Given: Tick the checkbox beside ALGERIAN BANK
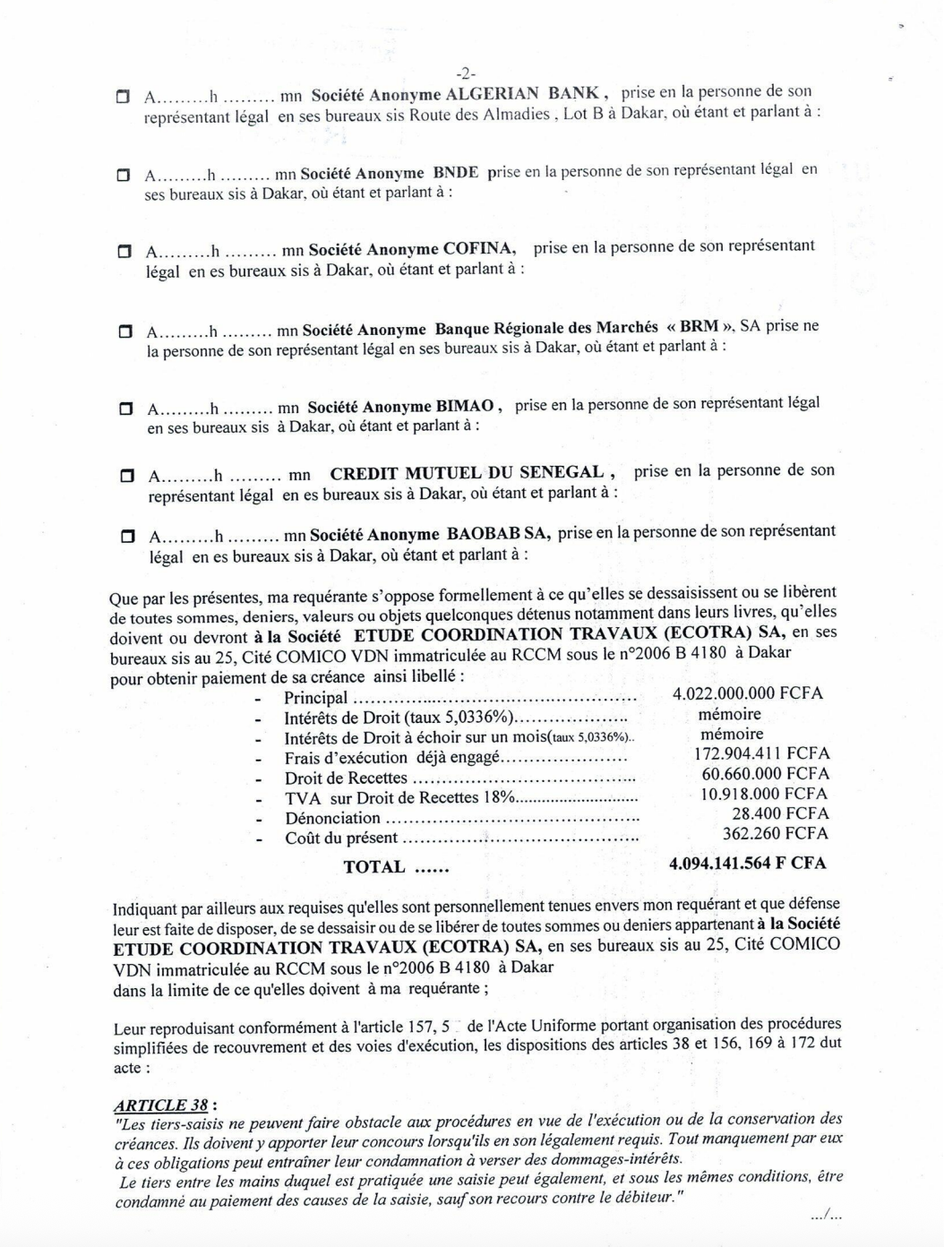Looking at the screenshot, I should [123, 96].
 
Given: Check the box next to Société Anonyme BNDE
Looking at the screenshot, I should [124, 175].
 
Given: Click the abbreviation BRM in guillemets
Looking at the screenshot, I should [699, 327].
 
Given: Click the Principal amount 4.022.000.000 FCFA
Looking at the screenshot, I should [747, 693].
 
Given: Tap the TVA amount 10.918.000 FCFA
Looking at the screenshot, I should [764, 794].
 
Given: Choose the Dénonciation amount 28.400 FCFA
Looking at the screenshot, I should [780, 813].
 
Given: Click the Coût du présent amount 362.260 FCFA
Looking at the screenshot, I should [775, 833].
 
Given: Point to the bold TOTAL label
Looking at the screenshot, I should [374, 867].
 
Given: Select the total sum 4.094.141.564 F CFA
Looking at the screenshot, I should [747, 864].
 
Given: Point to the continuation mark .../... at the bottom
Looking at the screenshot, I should [824, 1215].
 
